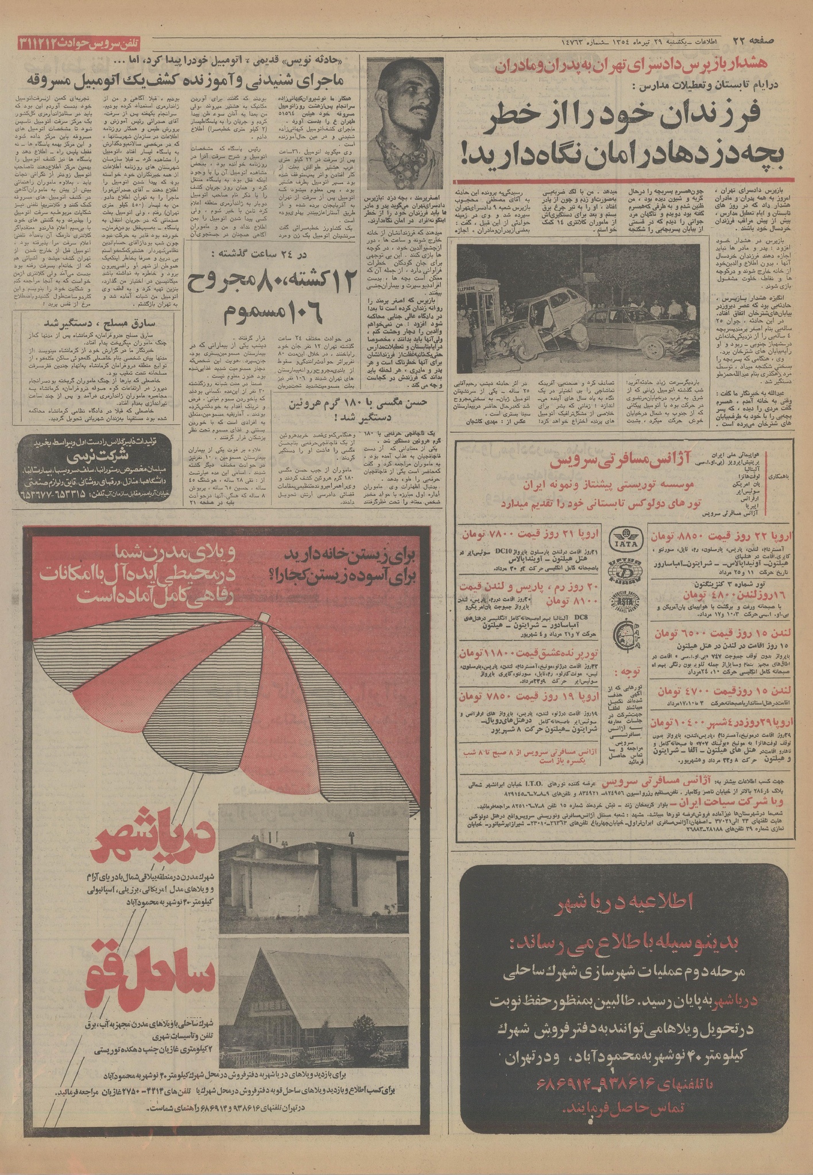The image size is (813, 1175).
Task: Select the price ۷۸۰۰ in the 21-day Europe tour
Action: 514,534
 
